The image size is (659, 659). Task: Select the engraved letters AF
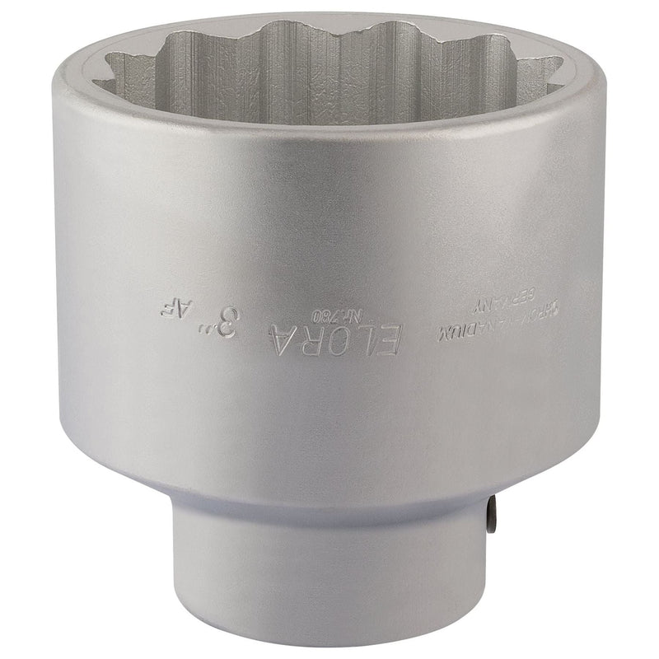point(172,309)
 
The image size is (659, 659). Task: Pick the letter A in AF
point(181,310)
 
